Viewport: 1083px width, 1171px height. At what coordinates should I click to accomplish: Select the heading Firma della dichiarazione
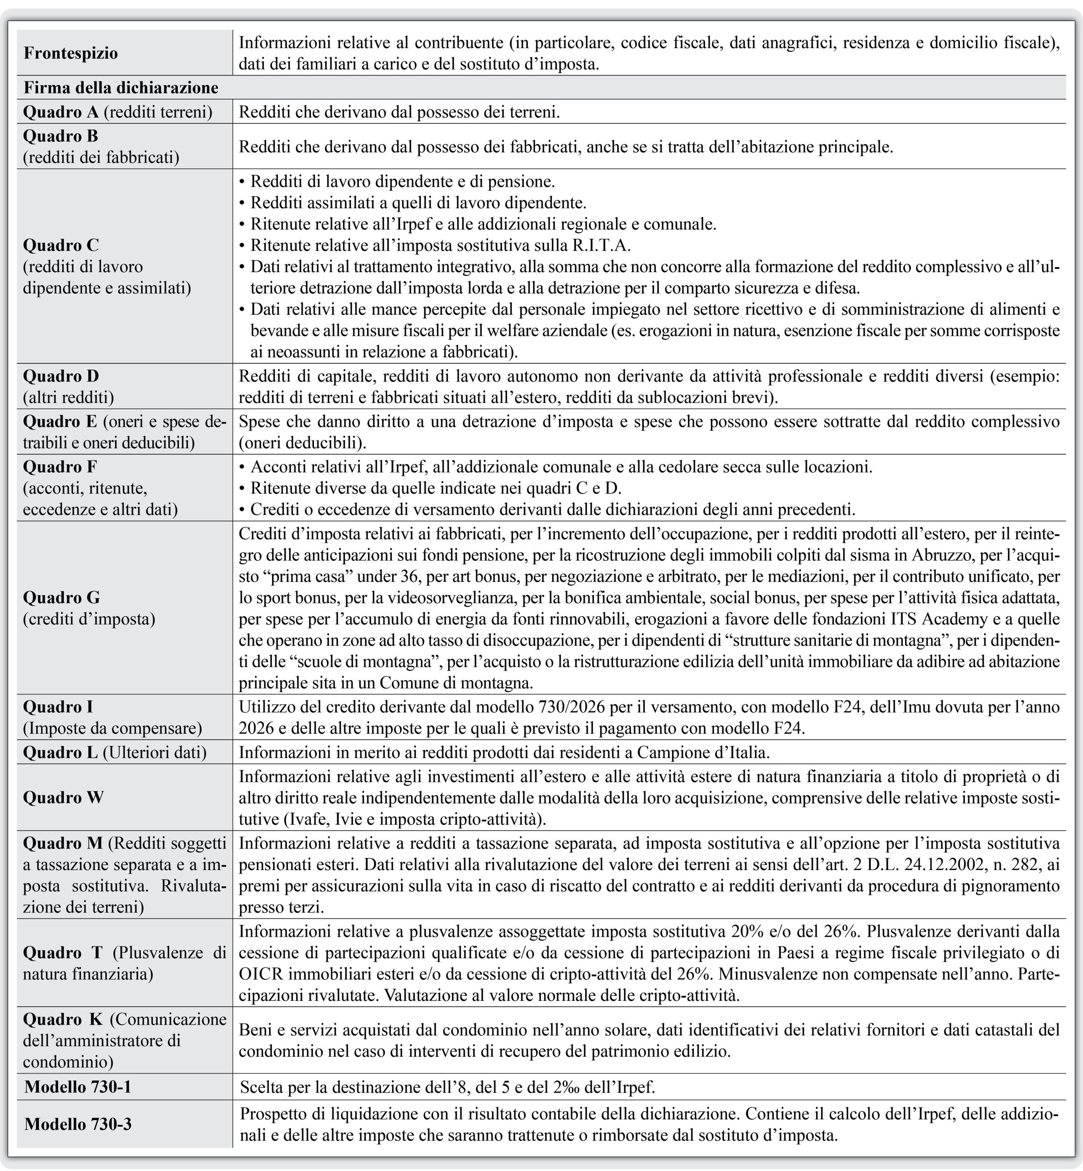coord(121,88)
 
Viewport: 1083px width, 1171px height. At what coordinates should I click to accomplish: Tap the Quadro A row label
coord(117,112)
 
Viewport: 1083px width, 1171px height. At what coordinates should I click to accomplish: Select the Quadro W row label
coord(63,797)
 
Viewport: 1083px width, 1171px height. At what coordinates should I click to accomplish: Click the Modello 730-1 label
coord(77,1086)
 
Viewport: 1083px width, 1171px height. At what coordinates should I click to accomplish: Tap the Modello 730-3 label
coord(77,1124)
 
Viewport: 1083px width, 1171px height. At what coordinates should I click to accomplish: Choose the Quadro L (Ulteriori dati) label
coord(115,752)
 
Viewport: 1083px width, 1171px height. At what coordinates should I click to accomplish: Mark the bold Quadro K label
coord(63,1019)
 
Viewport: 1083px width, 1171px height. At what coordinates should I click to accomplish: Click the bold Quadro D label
coord(61,376)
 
